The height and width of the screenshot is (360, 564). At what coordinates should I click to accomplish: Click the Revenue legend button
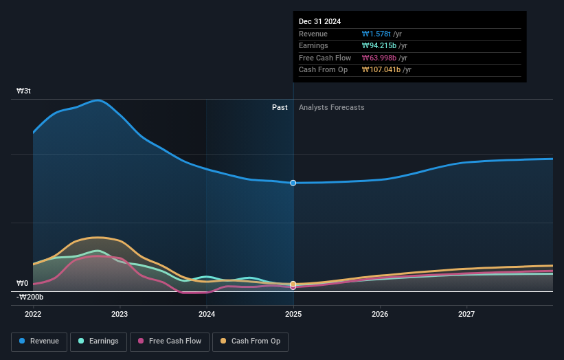39,341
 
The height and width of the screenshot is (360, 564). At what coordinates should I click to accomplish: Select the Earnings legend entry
98,341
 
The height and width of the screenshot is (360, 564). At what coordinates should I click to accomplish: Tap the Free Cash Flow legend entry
170,341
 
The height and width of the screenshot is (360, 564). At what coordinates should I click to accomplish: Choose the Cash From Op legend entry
251,341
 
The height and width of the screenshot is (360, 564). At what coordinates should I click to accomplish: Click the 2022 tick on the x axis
33,314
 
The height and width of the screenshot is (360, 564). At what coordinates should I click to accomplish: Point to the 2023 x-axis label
120,314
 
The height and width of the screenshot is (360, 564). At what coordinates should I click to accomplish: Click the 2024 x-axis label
207,314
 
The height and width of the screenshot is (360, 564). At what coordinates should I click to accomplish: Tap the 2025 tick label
293,314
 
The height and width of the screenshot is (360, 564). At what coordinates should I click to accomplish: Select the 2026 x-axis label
380,314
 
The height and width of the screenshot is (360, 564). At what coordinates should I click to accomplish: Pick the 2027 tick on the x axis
466,314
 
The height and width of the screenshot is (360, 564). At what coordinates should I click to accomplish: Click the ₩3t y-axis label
23,91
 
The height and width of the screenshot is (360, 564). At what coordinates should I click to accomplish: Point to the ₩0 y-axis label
23,283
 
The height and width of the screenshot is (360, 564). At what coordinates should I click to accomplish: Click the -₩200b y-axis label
30,297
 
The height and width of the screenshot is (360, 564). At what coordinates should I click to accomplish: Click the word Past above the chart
280,107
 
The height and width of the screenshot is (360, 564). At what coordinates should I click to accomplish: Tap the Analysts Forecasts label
331,107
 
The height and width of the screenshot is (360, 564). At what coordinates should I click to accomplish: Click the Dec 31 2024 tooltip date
319,22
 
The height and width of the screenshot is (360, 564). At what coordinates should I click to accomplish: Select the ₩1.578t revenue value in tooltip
376,34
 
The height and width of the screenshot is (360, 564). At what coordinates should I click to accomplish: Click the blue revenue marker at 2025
293,183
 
